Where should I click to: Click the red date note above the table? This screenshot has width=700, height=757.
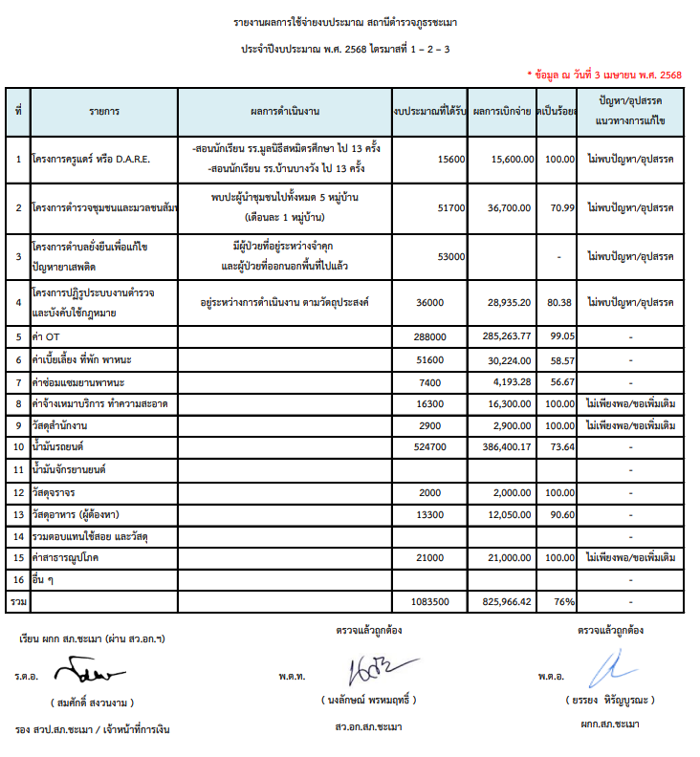[x=603, y=74]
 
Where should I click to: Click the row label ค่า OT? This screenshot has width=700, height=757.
[x=47, y=336]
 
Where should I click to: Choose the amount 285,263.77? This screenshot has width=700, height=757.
[x=505, y=336]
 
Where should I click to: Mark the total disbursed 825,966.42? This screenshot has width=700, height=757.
[x=505, y=601]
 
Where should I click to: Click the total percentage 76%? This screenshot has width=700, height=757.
[x=561, y=601]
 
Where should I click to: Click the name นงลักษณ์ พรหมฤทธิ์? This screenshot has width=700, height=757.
[x=368, y=700]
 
